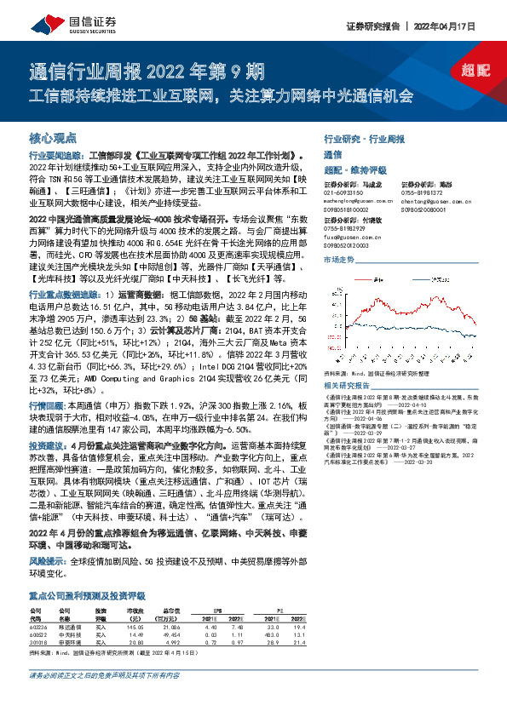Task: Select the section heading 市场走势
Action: coord(339,258)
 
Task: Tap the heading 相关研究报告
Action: coord(349,385)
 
